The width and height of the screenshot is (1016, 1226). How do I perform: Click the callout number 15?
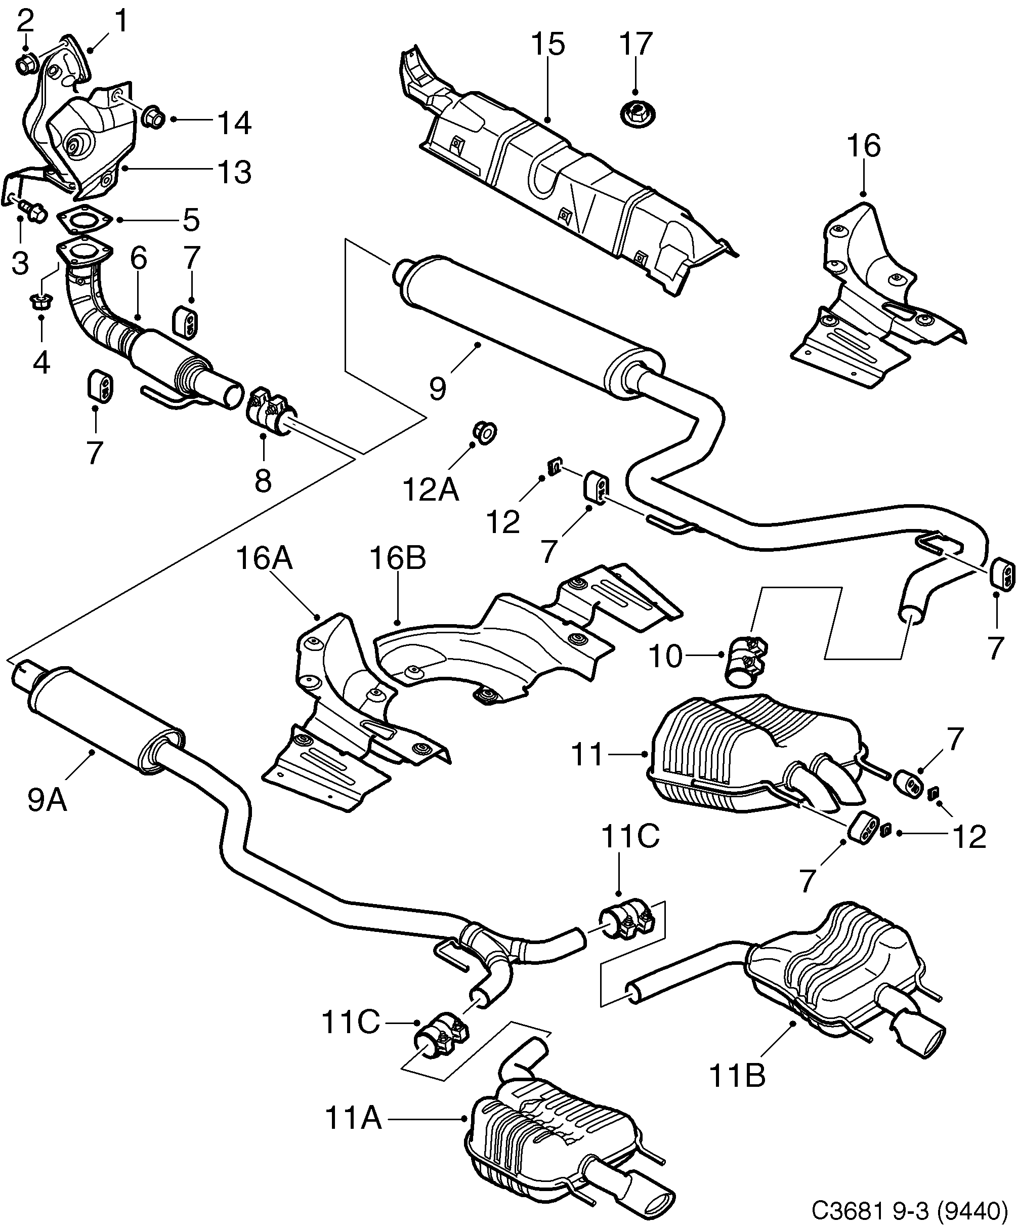(548, 45)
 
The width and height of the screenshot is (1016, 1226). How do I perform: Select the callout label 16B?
(397, 559)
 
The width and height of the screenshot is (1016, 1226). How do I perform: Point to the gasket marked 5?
(84, 220)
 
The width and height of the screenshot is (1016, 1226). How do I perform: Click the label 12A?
(431, 489)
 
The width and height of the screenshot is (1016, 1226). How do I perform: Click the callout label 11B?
(737, 1075)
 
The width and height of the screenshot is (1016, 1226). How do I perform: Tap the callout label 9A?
(47, 800)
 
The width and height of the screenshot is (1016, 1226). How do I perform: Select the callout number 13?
(234, 172)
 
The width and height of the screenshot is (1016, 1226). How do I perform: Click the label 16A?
(264, 559)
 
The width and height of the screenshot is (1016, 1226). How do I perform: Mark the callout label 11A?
(353, 1119)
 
